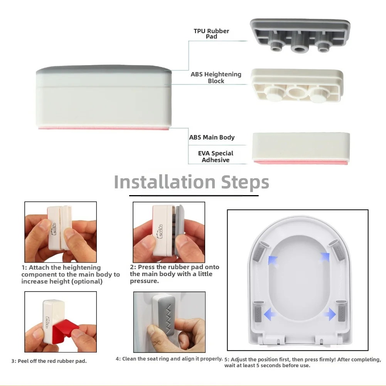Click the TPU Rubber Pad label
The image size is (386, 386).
(211, 34)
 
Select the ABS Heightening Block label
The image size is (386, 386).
(216, 78)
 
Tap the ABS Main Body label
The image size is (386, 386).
(212, 137)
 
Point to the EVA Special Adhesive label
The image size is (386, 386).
(216, 157)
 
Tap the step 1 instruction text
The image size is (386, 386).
(71, 275)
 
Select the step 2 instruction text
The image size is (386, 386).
(175, 274)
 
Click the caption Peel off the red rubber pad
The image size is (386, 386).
(49, 361)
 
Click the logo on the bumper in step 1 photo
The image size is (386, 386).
(54, 228)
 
